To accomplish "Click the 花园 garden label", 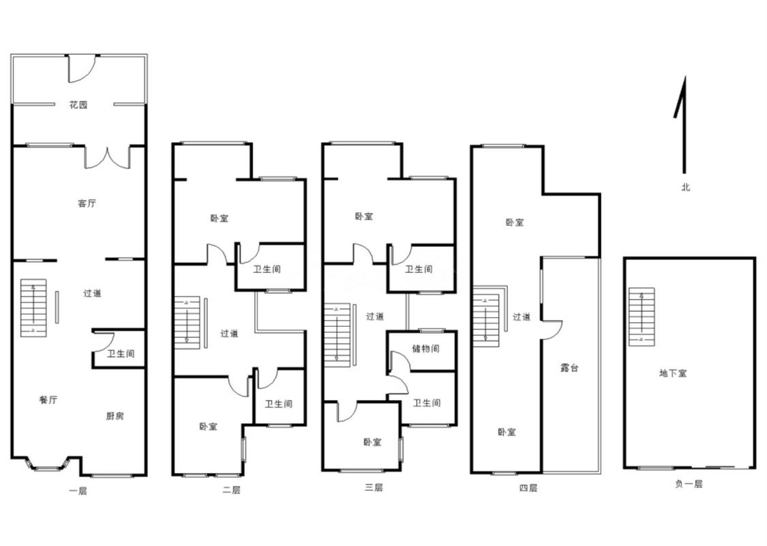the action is [78, 104].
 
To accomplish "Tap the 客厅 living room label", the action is [87, 203].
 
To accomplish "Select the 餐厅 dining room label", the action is [48, 399].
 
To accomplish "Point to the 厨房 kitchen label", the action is [115, 416].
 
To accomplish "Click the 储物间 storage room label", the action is [425, 349].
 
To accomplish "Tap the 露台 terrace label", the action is [569, 367].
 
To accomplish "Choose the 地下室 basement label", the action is [673, 373].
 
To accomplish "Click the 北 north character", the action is [686, 187].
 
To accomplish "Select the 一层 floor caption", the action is [78, 490].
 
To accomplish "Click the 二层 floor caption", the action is [231, 489].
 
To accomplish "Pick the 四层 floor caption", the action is [528, 488].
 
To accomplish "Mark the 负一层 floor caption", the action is [689, 484].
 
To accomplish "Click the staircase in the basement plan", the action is [642, 317].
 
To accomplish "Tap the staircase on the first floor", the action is [33, 308].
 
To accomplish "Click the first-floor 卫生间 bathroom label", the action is [121, 354].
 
